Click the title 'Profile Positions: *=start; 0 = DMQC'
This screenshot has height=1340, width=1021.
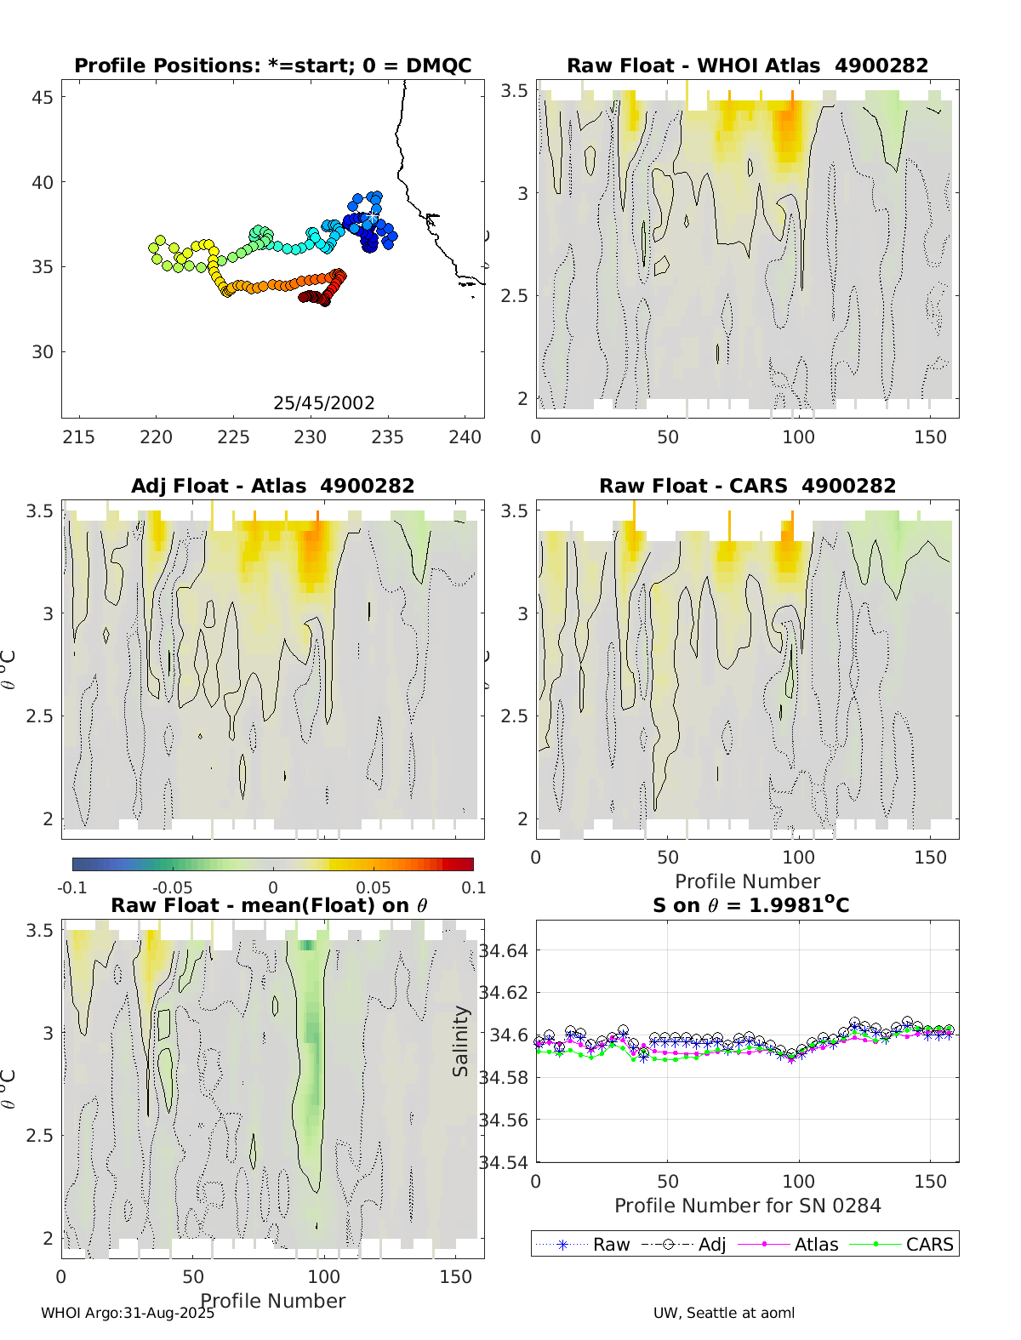[x=272, y=66]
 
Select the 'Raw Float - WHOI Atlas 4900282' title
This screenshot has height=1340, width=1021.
[x=747, y=66]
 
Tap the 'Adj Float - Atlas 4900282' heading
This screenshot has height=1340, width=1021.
[x=272, y=486]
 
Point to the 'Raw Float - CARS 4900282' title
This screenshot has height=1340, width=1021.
[x=747, y=486]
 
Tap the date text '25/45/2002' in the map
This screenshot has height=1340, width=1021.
[x=323, y=402]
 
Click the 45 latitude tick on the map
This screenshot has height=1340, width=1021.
[x=43, y=97]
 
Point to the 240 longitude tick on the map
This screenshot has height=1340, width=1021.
[x=465, y=437]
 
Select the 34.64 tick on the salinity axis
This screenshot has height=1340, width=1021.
[x=504, y=950]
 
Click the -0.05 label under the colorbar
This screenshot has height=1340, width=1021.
[x=172, y=887]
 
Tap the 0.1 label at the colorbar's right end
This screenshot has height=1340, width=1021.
[x=474, y=887]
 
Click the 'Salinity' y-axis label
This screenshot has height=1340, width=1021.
[x=461, y=1041]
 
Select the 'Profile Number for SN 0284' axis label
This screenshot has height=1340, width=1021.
[x=747, y=1206]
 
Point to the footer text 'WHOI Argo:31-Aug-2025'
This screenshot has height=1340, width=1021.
[x=128, y=1313]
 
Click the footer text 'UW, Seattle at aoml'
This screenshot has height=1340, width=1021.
[x=724, y=1313]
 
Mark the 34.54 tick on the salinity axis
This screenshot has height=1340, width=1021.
[x=504, y=1162]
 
